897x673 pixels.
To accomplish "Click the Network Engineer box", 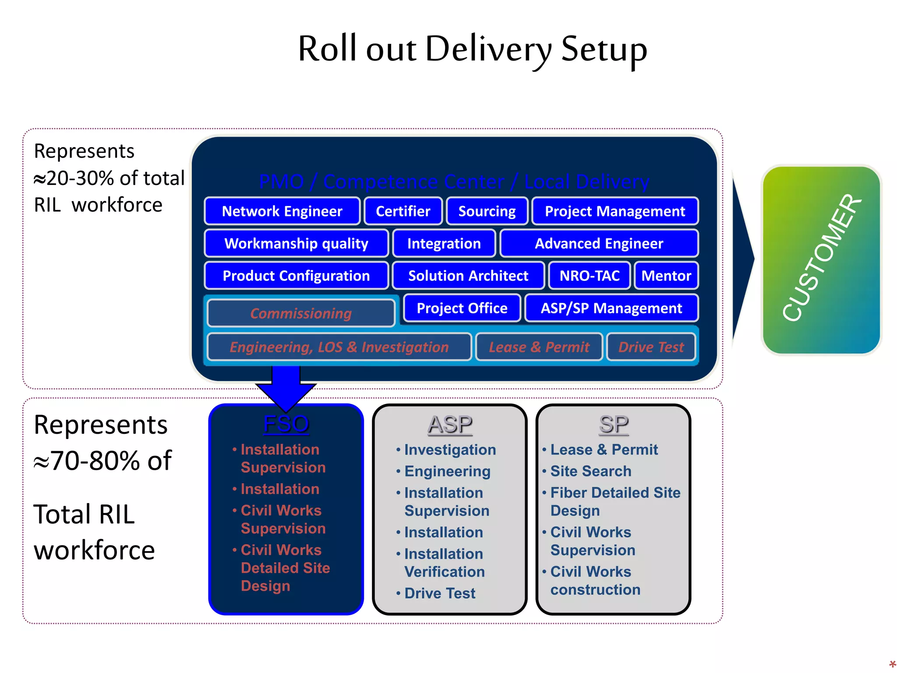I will (282, 211).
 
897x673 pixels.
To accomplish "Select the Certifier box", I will (403, 211).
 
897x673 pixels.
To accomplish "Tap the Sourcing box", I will (487, 211).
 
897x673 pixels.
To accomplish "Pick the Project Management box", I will (614, 211).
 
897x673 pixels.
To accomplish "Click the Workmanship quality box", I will (296, 243).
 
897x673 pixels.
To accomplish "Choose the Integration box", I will (444, 243).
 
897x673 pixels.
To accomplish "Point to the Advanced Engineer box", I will (599, 243).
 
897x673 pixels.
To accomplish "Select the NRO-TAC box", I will (589, 276).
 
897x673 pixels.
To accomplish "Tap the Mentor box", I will (666, 276).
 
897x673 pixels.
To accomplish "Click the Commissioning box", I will (301, 313).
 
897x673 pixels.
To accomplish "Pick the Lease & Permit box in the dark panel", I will (539, 347).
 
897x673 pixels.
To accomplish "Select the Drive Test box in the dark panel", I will (651, 347).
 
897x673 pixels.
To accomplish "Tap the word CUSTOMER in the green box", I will (822, 259).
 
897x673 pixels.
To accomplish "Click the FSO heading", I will (286, 424).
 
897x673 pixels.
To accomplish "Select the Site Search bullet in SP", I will (590, 471).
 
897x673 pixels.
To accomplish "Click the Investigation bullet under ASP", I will (450, 450).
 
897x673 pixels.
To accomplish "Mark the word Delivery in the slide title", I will (488, 49).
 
